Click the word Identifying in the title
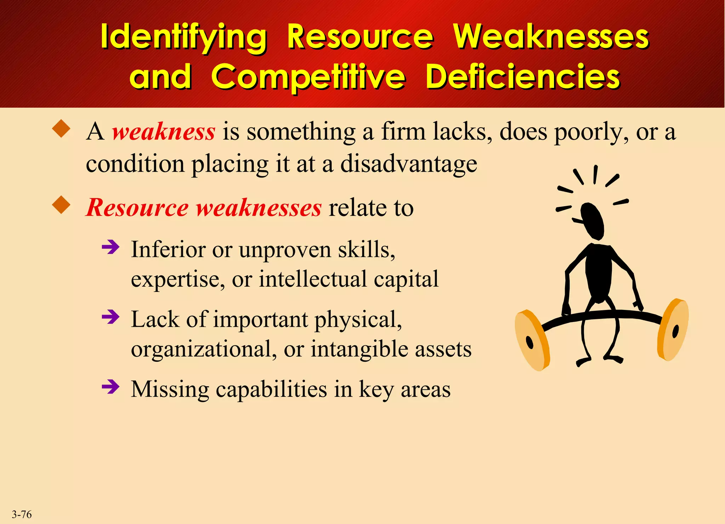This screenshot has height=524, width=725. coord(183,37)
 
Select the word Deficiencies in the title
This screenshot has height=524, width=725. coord(523,77)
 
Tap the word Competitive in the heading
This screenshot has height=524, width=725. coord(308,77)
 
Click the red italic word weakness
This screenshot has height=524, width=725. coord(164,131)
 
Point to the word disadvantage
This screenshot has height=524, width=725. coord(409,164)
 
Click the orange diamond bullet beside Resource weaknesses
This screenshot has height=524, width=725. coord(61,205)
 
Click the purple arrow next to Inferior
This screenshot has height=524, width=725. coord(110,247)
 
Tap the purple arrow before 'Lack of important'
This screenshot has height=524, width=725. coord(110,317)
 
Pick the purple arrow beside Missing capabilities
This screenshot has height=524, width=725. coord(110,387)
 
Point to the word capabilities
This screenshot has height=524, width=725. coord(271,389)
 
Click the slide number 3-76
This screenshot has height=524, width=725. coord(22,514)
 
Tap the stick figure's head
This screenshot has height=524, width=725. coord(592,220)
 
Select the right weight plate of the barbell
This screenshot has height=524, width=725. coord(673,329)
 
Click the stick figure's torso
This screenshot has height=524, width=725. coord(598,273)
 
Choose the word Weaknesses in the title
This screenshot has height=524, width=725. coord(551,37)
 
